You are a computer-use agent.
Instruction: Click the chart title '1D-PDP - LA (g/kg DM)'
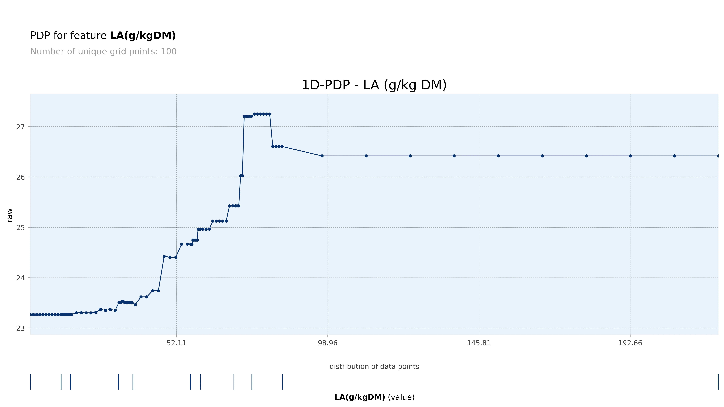click(374, 85)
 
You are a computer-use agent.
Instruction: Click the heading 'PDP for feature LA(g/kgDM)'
click(103, 36)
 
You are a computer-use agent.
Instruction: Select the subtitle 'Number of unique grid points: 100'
click(103, 52)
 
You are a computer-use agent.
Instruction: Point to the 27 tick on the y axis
click(21, 127)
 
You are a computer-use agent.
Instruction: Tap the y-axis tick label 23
click(21, 329)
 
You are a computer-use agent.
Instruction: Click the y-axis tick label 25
click(21, 228)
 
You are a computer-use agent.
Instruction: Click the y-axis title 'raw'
click(10, 215)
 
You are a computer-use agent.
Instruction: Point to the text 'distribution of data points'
click(374, 366)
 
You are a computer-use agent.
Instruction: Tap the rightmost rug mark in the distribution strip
click(718, 382)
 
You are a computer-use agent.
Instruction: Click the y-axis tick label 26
click(21, 177)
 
